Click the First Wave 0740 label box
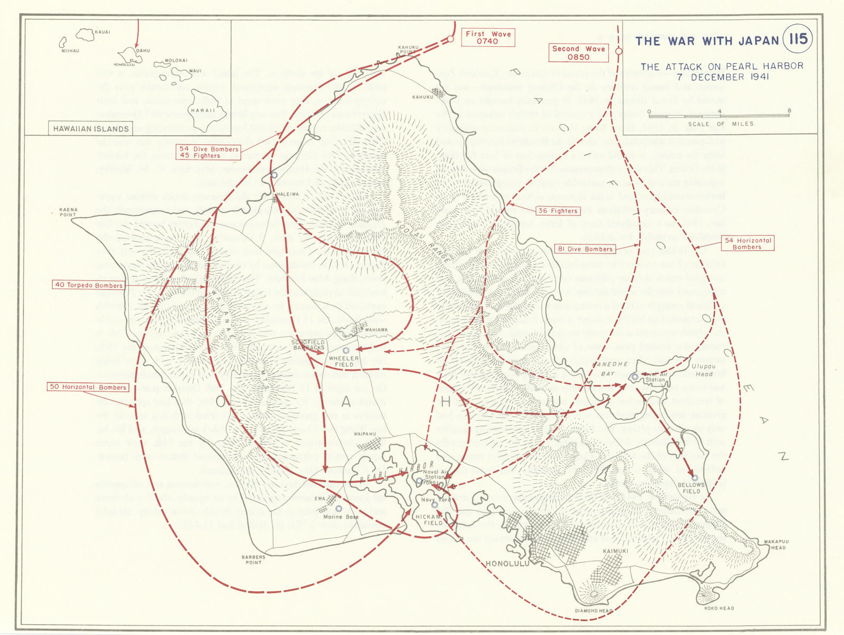coord(487,37)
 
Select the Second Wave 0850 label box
coord(578,53)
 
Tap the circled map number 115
coord(798,39)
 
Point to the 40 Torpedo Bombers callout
coord(89,285)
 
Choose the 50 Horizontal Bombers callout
coord(88,387)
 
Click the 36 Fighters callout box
coord(557,211)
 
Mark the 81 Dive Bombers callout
coord(584,249)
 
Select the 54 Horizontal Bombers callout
coord(747,243)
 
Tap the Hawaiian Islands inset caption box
coord(91,129)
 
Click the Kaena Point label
coord(68,212)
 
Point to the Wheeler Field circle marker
coord(346,350)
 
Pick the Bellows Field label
coord(691,488)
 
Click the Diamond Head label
coord(594,611)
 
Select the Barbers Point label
coord(253,560)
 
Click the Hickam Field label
coord(428,520)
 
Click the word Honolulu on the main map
coord(507,564)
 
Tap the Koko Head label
coord(719,608)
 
